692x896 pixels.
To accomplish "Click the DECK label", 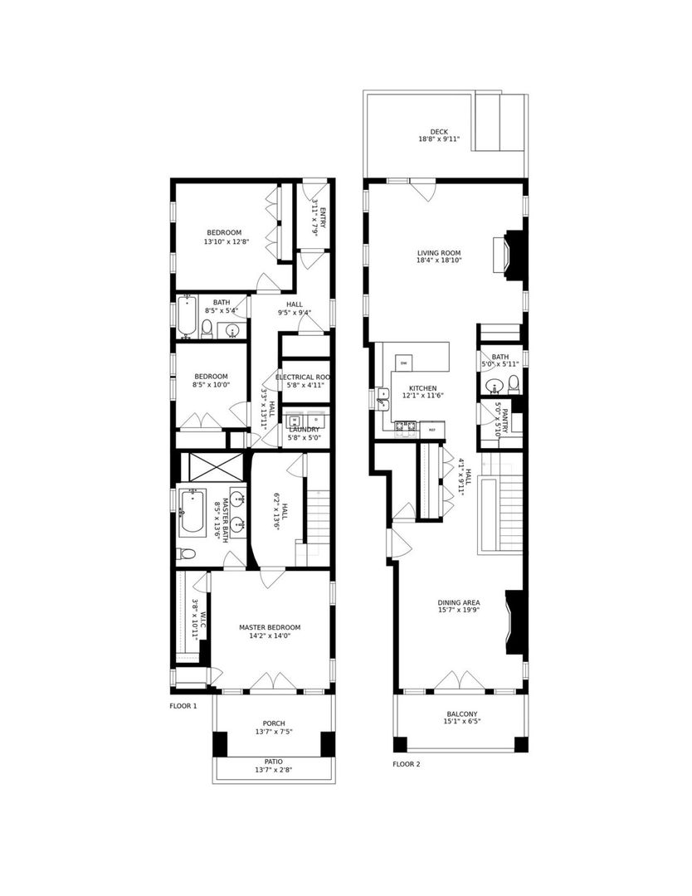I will pos(439,131).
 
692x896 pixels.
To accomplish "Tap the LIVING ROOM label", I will pos(439,253).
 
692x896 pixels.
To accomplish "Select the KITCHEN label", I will pos(423,388).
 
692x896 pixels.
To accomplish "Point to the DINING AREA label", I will pos(459,603).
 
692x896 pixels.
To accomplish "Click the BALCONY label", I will pos(461,713).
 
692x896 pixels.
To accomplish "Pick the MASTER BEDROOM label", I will pos(270,627).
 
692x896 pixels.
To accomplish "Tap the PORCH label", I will pos(274,723).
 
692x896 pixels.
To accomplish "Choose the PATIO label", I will pos(274,761).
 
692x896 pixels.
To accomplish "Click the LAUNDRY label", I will pos(304,429).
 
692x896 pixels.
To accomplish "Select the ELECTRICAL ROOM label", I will pos(304,377).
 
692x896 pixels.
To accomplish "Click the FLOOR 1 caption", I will pos(183,706).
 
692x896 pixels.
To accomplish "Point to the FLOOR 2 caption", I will pos(407,763).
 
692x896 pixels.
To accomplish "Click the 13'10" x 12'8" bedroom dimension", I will pos(227,242).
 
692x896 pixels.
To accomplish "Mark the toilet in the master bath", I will pos(188,553).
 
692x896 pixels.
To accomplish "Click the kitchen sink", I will pos(383,398).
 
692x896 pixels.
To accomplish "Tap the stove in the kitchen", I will pos(406,427).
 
